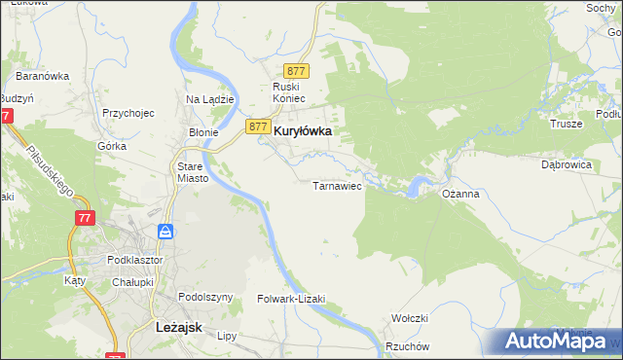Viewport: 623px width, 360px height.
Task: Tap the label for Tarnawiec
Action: tap(337, 185)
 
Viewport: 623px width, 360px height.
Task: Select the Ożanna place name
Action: tap(460, 194)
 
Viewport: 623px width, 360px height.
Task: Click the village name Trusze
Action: tap(566, 124)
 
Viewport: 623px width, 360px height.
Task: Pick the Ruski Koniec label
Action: tap(289, 92)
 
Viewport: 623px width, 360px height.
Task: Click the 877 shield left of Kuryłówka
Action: tap(257, 126)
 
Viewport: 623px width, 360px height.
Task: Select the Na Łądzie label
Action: tap(206, 99)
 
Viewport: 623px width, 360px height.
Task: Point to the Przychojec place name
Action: tap(128, 112)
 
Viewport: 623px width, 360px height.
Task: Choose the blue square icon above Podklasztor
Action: tap(165, 232)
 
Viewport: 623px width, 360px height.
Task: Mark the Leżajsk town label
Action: tap(179, 328)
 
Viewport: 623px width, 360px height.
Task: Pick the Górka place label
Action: tap(112, 146)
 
